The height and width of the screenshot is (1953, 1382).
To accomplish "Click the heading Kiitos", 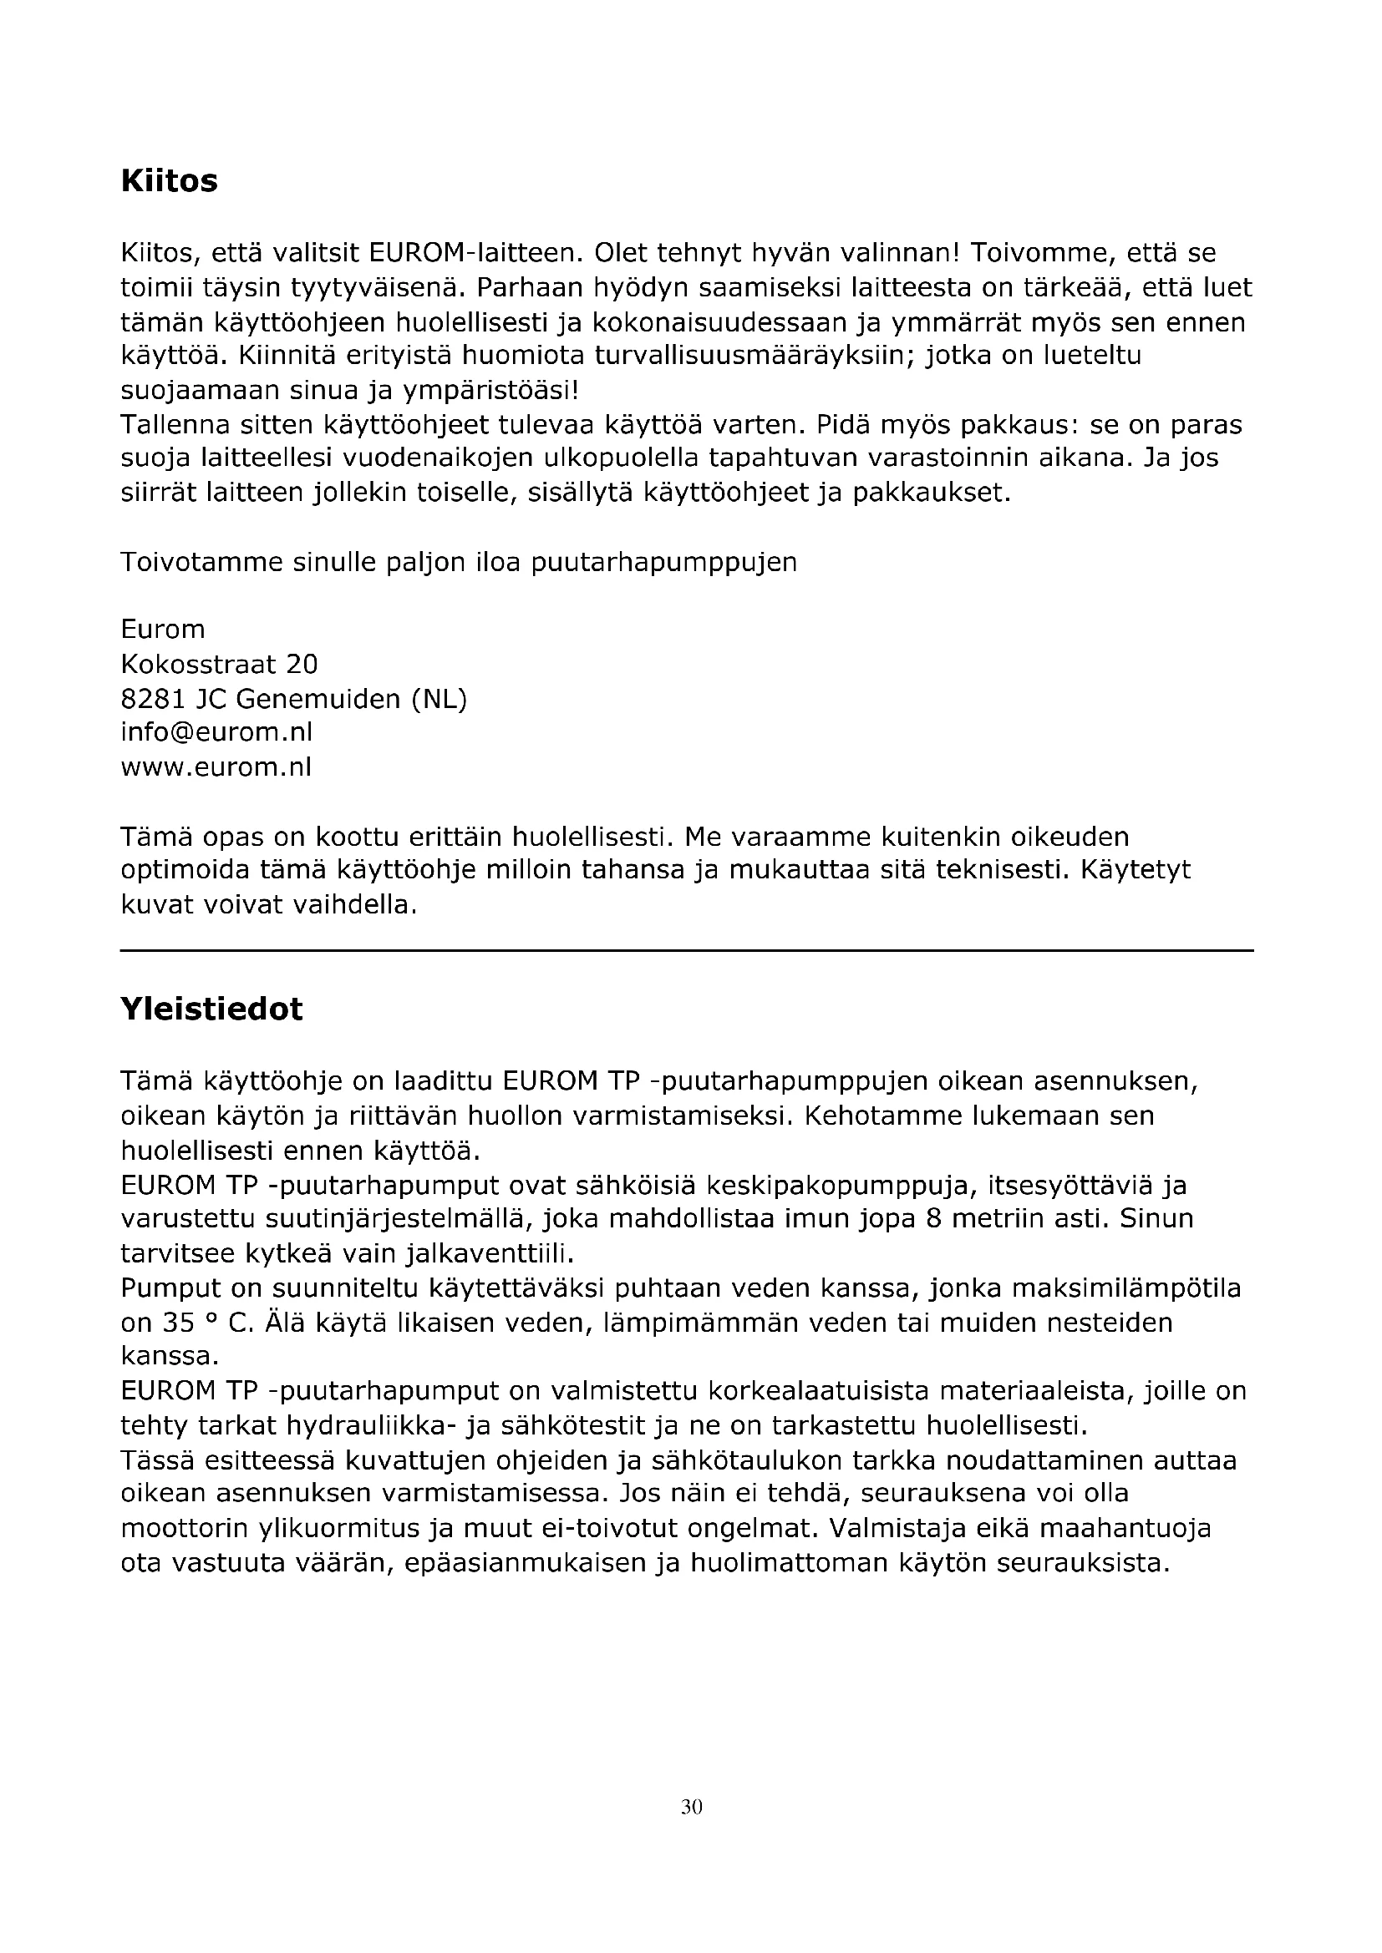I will pos(170,181).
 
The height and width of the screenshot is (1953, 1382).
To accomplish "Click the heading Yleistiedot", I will pos(212,1009).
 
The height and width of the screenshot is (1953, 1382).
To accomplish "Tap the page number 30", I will pos(691,1807).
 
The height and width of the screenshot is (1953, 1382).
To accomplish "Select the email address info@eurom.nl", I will pos(217,731).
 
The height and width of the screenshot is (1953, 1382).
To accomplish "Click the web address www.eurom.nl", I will pos(216,767).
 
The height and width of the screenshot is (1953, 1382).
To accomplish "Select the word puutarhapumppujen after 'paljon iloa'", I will pos(663,562).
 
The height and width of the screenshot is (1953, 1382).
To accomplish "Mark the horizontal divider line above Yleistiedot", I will pos(687,950).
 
